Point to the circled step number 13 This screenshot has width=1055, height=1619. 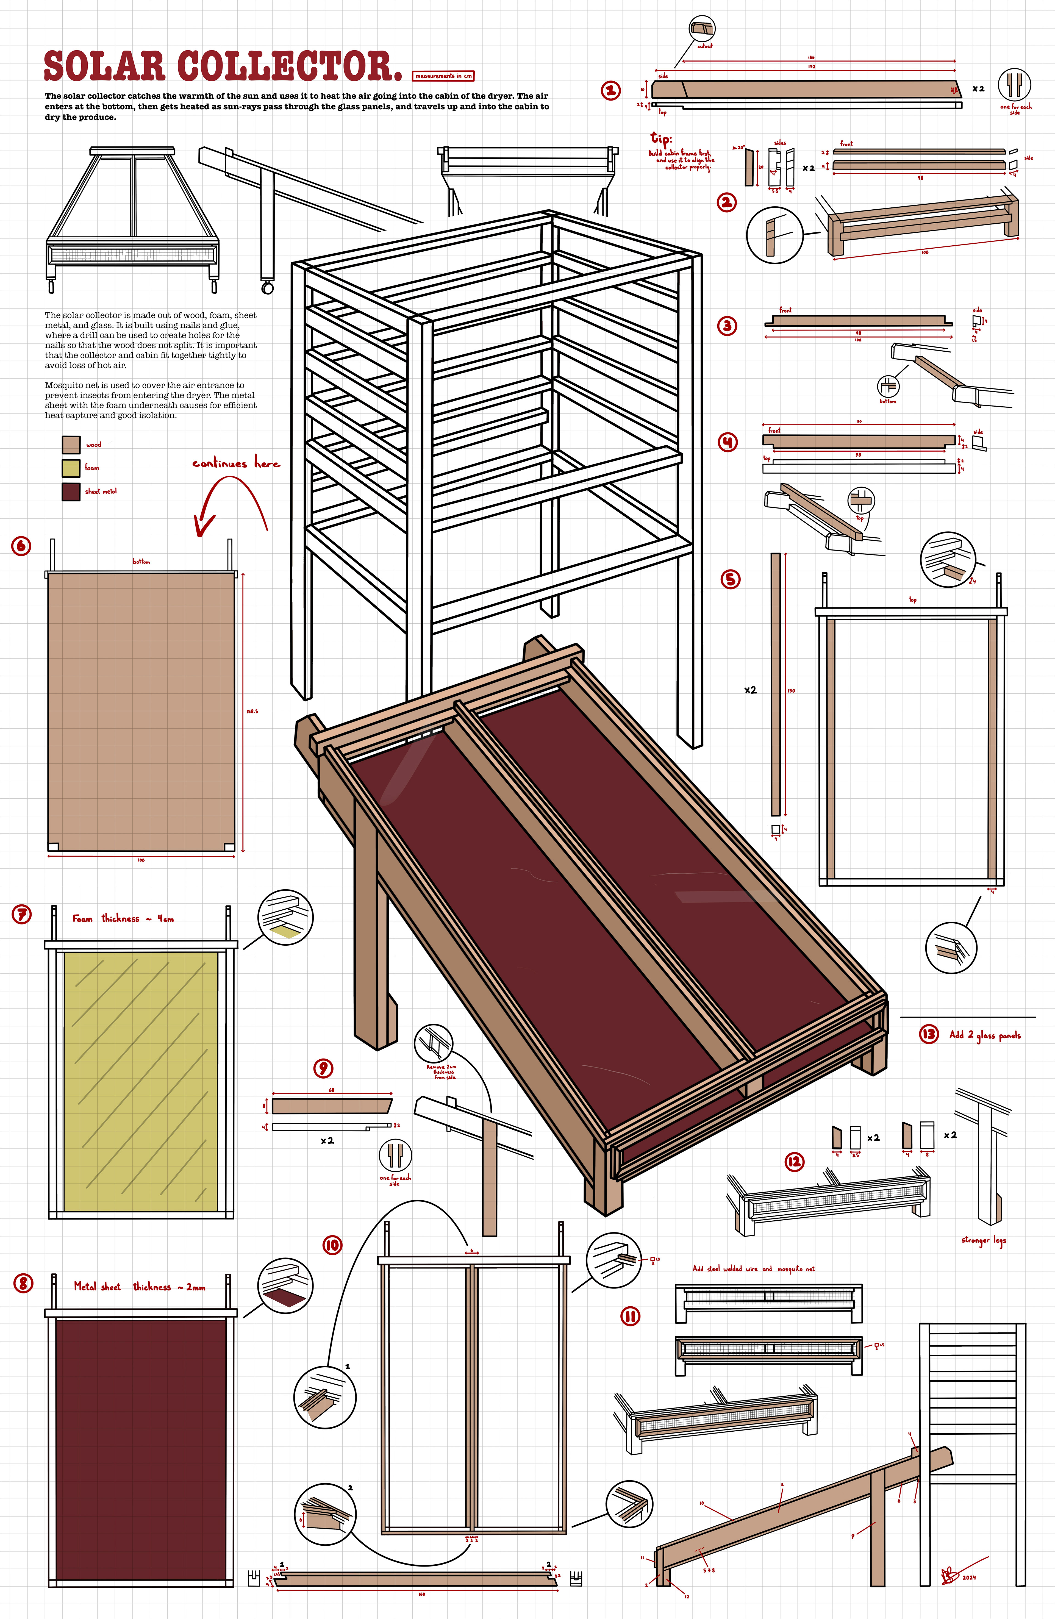pyautogui.click(x=928, y=1035)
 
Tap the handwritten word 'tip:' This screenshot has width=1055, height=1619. pyautogui.click(x=660, y=139)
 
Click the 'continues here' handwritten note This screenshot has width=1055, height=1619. pyautogui.click(x=235, y=463)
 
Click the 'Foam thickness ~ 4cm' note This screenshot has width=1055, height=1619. pyautogui.click(x=123, y=918)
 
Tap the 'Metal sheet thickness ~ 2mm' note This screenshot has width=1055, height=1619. pyautogui.click(x=140, y=1286)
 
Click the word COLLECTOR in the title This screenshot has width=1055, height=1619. pyautogui.click(x=286, y=66)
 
